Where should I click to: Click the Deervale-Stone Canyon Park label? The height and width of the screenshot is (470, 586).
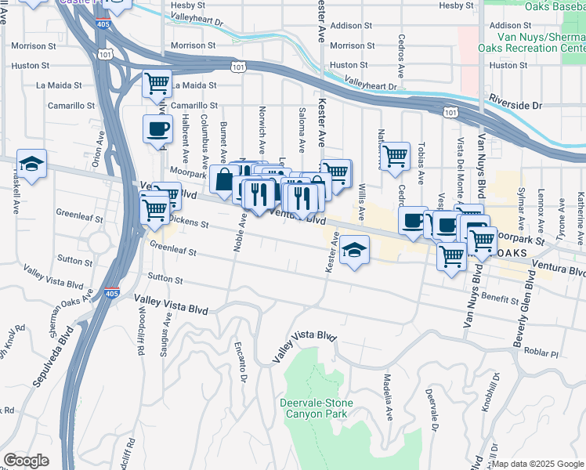point(317,408)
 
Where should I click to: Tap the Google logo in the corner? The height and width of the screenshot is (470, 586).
point(26,461)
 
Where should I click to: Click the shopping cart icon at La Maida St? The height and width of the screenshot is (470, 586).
point(157,83)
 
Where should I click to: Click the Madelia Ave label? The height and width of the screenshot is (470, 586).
point(387,396)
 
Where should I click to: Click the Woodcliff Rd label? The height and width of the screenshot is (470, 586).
point(142,334)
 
